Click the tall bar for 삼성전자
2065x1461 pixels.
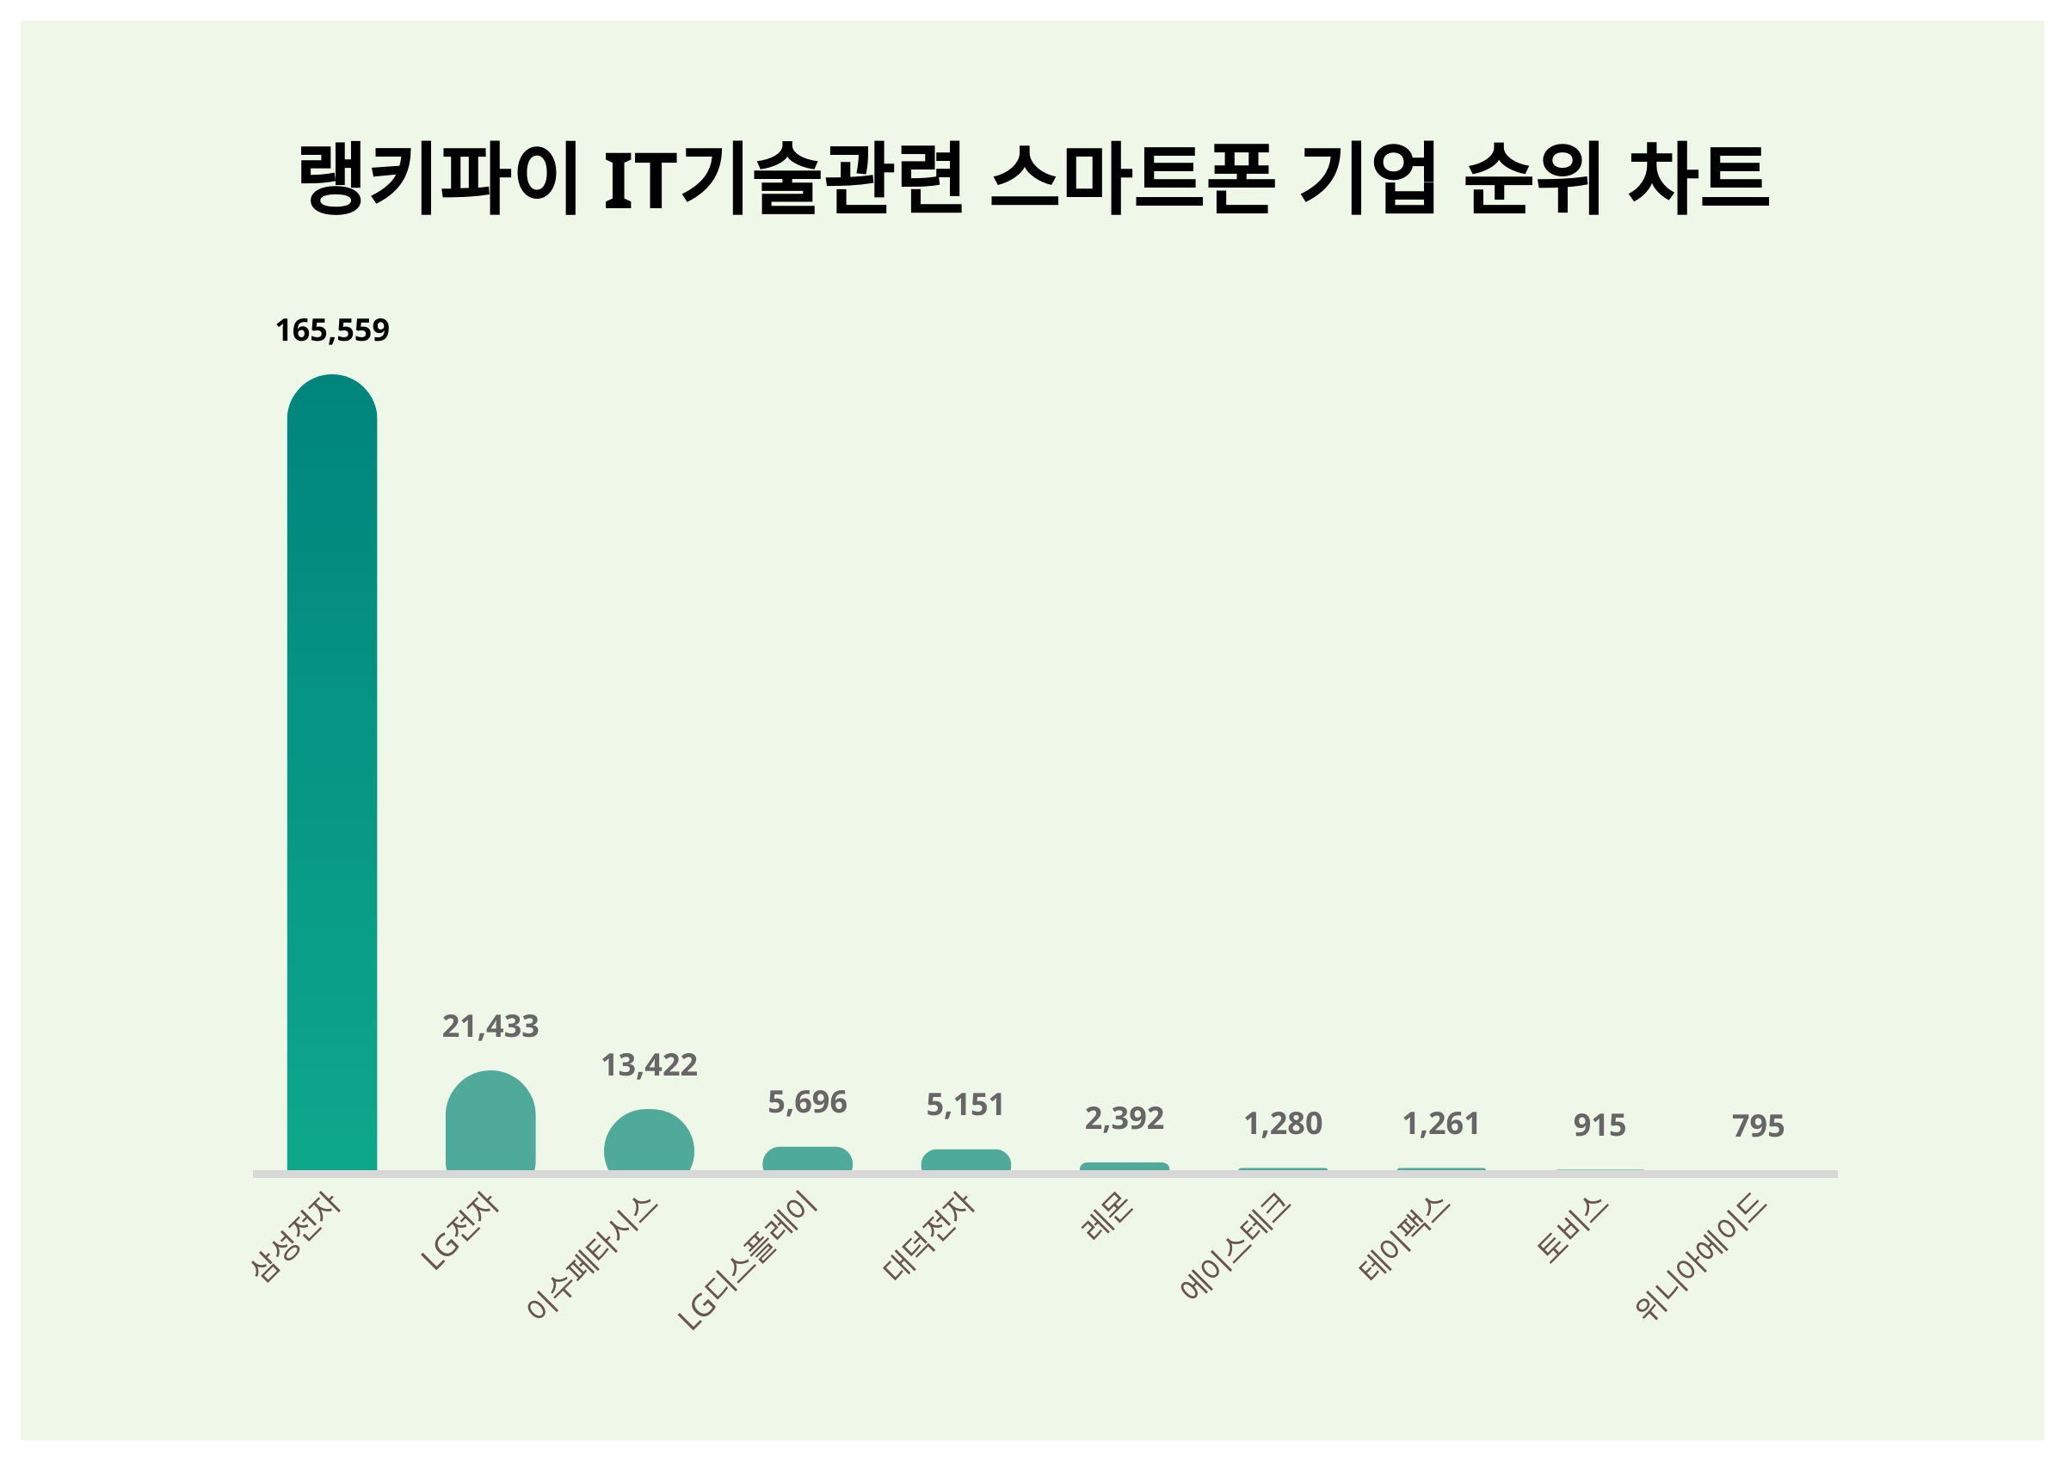[332, 774]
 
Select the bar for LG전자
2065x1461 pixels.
[490, 1122]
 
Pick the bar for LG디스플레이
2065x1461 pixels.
[807, 1159]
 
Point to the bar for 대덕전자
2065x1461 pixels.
[965, 1161]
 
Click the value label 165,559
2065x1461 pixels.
[332, 330]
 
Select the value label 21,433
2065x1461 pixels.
[490, 1026]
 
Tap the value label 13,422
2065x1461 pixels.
[649, 1065]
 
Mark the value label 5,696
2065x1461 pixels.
[807, 1102]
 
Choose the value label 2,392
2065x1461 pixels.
[1124, 1119]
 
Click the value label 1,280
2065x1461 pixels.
[1283, 1124]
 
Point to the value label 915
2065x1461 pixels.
[1600, 1125]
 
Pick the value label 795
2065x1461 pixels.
[1758, 1126]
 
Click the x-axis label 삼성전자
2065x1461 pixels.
[297, 1238]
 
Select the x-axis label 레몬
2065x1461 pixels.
[1108, 1217]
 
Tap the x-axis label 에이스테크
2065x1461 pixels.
[1236, 1247]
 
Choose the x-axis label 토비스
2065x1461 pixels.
[1572, 1229]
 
